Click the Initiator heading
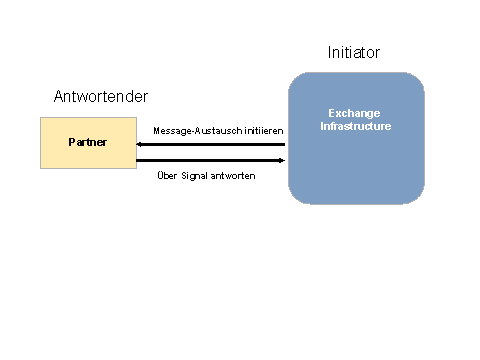pos(354,52)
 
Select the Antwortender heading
pos(101,97)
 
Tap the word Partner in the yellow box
pos(87,143)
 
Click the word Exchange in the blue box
pos(355,115)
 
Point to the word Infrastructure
pos(355,127)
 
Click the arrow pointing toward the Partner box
pos(210,144)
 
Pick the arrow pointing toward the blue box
pos(210,160)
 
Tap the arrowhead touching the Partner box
pos(141,144)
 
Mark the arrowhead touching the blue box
pos(281,160)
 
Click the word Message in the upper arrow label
pos(171,131)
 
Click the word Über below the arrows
pos(168,176)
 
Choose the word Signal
pos(195,176)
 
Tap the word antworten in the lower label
pos(233,176)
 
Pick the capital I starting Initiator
pos(330,52)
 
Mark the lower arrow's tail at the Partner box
pos(138,160)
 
